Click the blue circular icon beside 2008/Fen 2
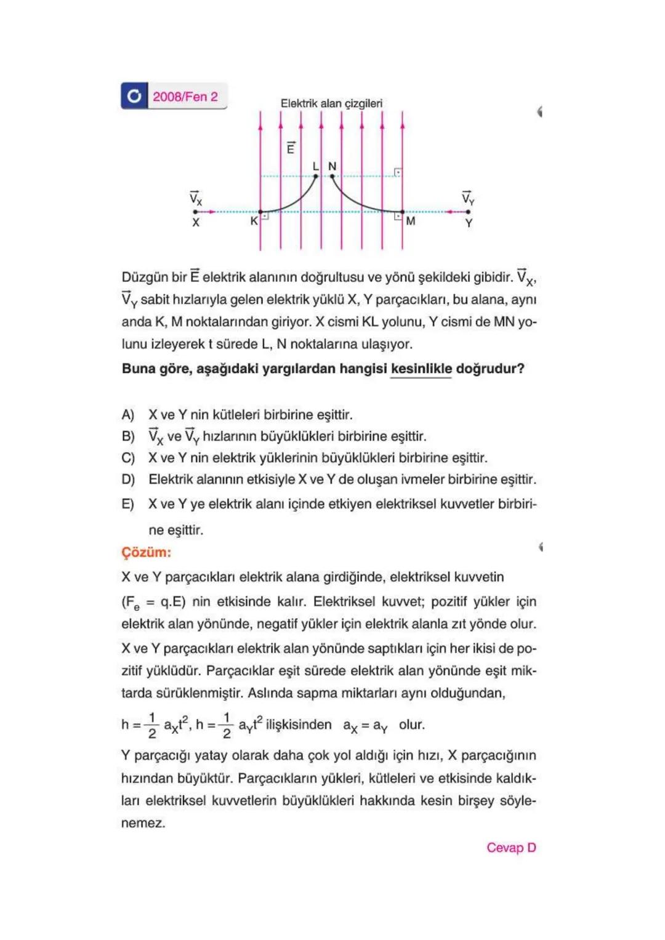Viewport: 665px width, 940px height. [134, 96]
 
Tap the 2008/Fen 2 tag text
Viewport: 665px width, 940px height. [185, 97]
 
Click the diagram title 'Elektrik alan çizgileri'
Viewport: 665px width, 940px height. [331, 103]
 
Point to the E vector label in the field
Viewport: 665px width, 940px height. [291, 148]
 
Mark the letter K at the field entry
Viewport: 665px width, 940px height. [254, 220]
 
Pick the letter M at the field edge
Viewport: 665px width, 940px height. [411, 220]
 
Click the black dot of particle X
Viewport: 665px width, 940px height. [196, 212]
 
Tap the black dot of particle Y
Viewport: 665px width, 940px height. [469, 212]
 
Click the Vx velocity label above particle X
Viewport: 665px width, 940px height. [195, 198]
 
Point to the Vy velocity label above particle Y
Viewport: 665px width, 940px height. [468, 198]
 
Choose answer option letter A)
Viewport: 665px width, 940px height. [128, 415]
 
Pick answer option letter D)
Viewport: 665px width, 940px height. [128, 480]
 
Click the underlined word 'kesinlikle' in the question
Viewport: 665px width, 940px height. [421, 369]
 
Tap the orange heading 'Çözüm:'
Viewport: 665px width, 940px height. [146, 552]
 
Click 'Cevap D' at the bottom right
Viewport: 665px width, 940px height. [511, 848]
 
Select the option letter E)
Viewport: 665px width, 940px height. [128, 504]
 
